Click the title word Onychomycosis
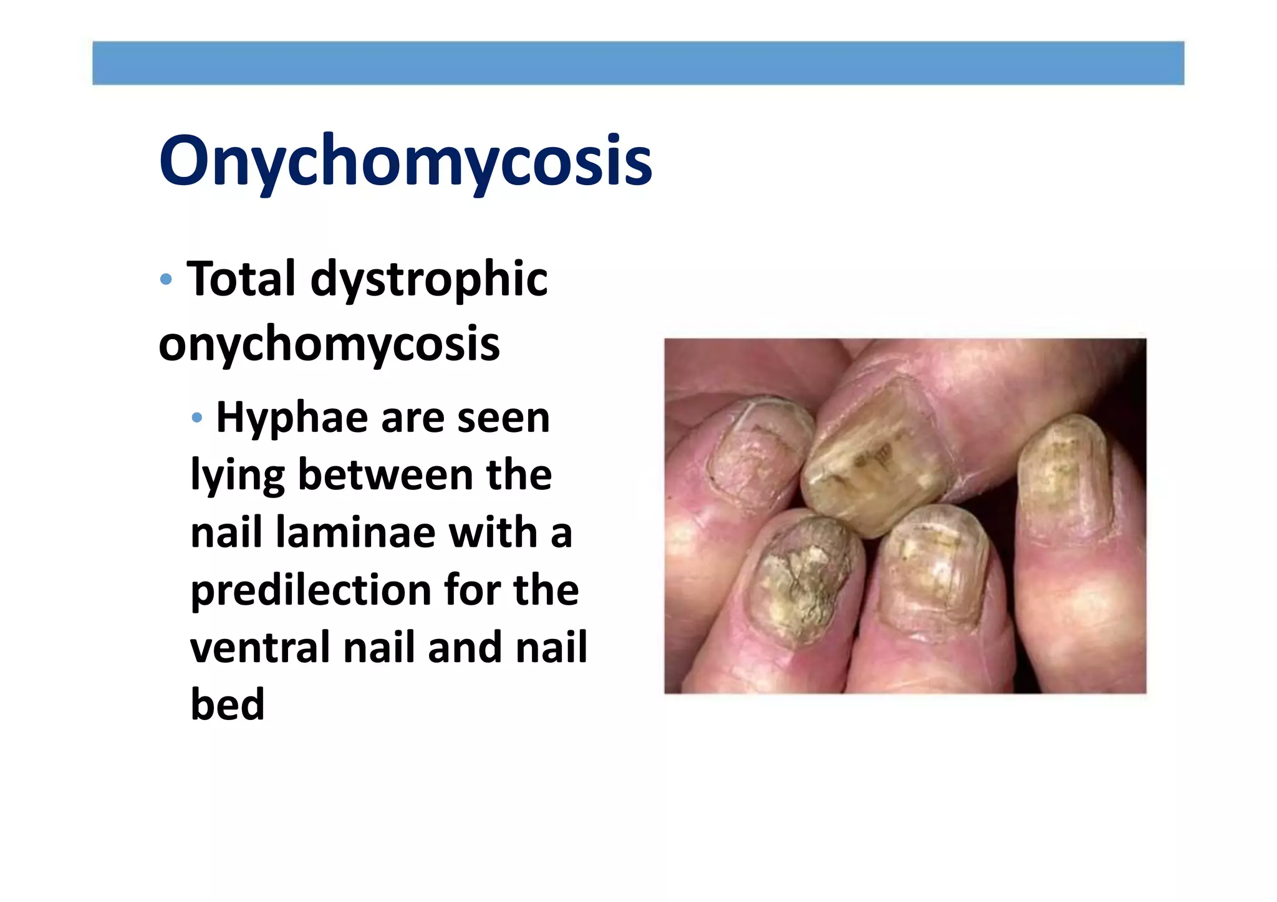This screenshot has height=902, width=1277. [x=405, y=161]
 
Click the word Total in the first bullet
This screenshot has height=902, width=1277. [x=241, y=279]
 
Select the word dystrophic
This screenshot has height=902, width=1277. [x=429, y=280]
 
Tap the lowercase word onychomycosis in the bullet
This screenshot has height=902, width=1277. [x=329, y=344]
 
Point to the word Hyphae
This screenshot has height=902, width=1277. [x=292, y=418]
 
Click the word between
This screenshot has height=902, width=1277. [x=386, y=475]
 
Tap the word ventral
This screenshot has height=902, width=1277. [x=260, y=647]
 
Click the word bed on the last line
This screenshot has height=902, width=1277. [x=228, y=704]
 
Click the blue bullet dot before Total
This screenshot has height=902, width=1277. [x=166, y=279]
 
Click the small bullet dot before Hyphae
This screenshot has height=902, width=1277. [x=197, y=418]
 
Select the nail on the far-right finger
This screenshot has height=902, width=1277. [x=1063, y=477]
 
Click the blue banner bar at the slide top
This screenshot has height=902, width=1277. [x=638, y=63]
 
